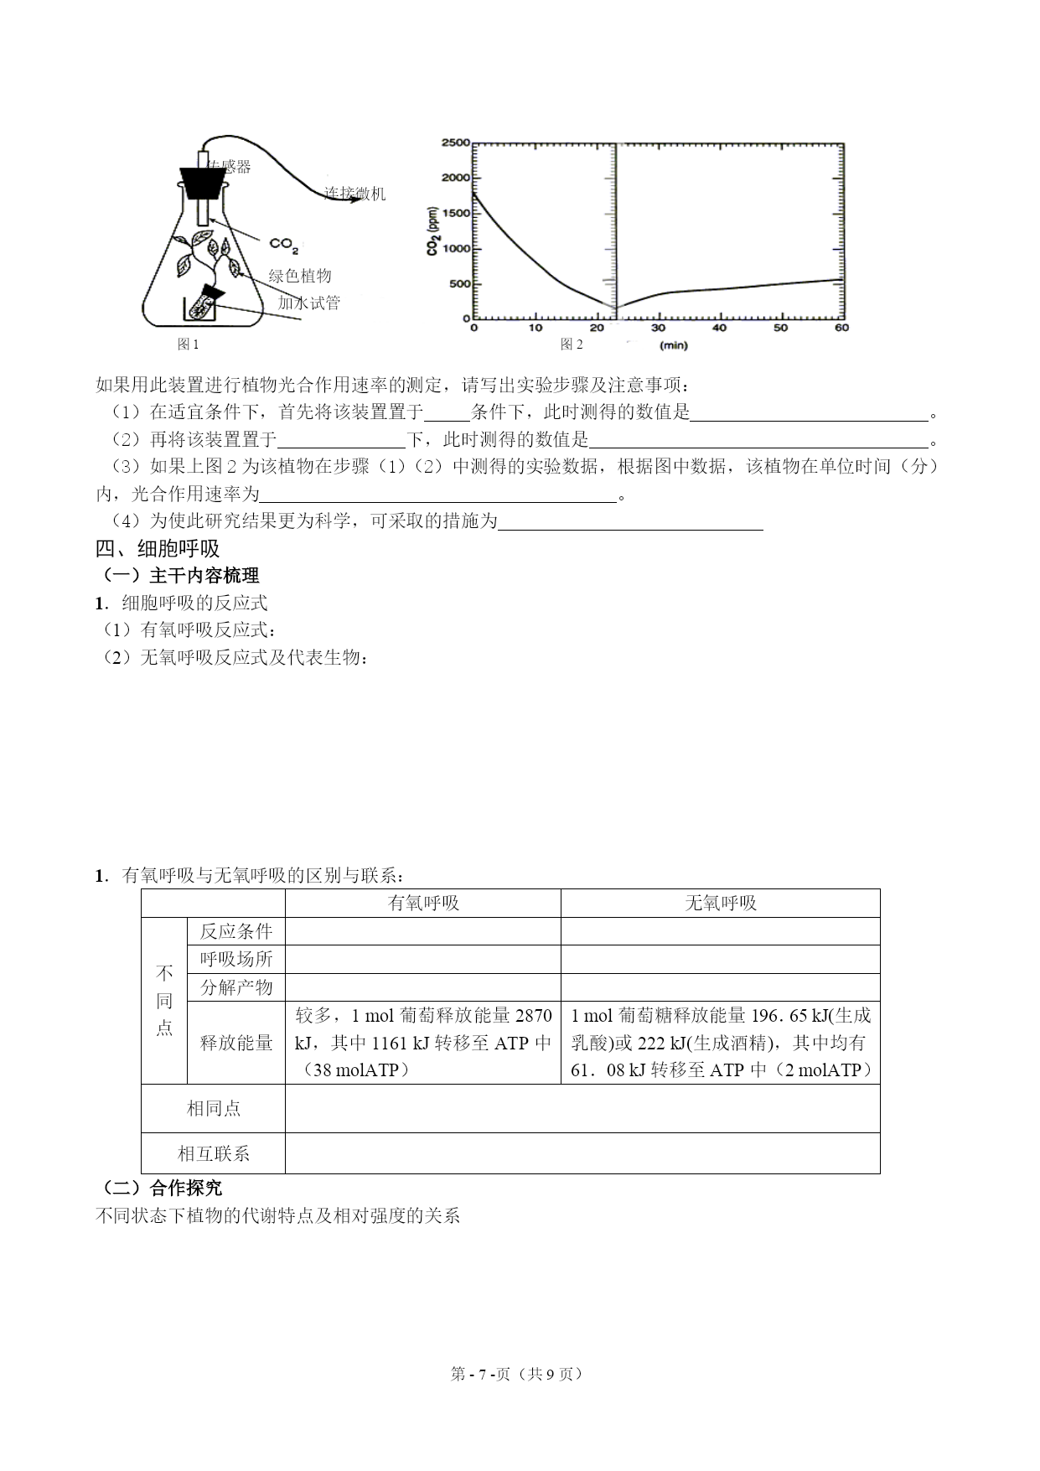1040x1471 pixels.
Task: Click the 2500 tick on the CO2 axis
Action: point(456,143)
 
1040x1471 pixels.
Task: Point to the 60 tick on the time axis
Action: point(841,328)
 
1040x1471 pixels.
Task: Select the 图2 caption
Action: point(572,344)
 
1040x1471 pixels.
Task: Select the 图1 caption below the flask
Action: point(189,344)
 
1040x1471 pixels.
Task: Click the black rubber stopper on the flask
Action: point(204,182)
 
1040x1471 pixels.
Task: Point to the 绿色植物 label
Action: point(300,276)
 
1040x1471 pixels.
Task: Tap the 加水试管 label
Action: point(309,303)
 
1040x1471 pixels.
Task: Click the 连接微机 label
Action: point(355,194)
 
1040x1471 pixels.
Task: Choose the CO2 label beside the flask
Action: point(284,245)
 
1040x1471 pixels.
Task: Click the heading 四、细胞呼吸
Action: point(158,549)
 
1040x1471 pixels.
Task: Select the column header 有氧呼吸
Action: point(423,903)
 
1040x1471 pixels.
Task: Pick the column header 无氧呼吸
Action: point(721,903)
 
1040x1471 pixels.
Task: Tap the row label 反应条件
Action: point(236,931)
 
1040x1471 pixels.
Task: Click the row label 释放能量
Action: point(236,1043)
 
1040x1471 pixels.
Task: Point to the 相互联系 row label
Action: point(214,1153)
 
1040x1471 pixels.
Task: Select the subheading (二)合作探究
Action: point(160,1188)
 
